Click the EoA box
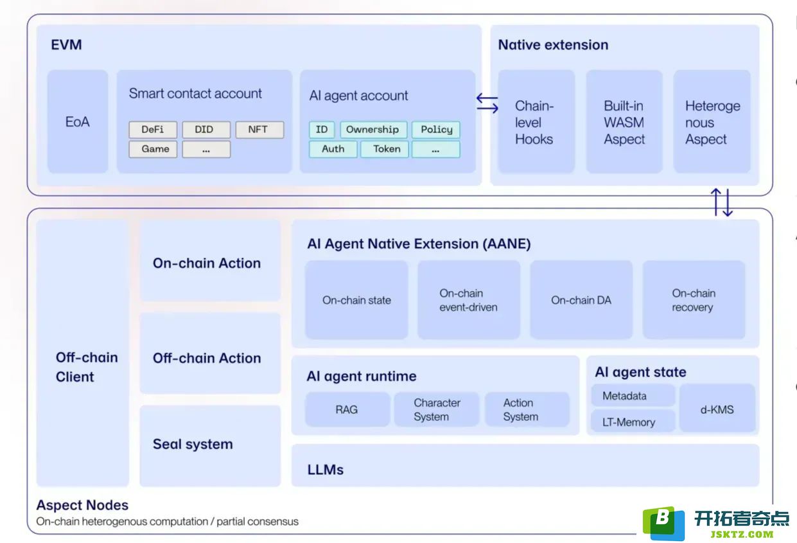(x=78, y=121)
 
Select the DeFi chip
(x=153, y=129)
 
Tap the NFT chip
(x=259, y=129)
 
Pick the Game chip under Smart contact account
(x=153, y=149)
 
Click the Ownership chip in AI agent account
(x=373, y=129)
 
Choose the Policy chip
(x=436, y=129)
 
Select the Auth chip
(x=333, y=149)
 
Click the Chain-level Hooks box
(x=536, y=121)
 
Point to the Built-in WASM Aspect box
(x=624, y=121)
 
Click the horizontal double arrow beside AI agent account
(x=487, y=103)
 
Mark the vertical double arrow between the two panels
(x=722, y=202)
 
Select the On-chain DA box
(x=581, y=300)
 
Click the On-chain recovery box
(x=694, y=300)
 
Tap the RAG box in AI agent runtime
(x=347, y=409)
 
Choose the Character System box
(x=437, y=409)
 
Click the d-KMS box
(x=717, y=408)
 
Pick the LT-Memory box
(x=633, y=421)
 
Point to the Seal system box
(x=210, y=446)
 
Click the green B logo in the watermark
(x=663, y=522)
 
